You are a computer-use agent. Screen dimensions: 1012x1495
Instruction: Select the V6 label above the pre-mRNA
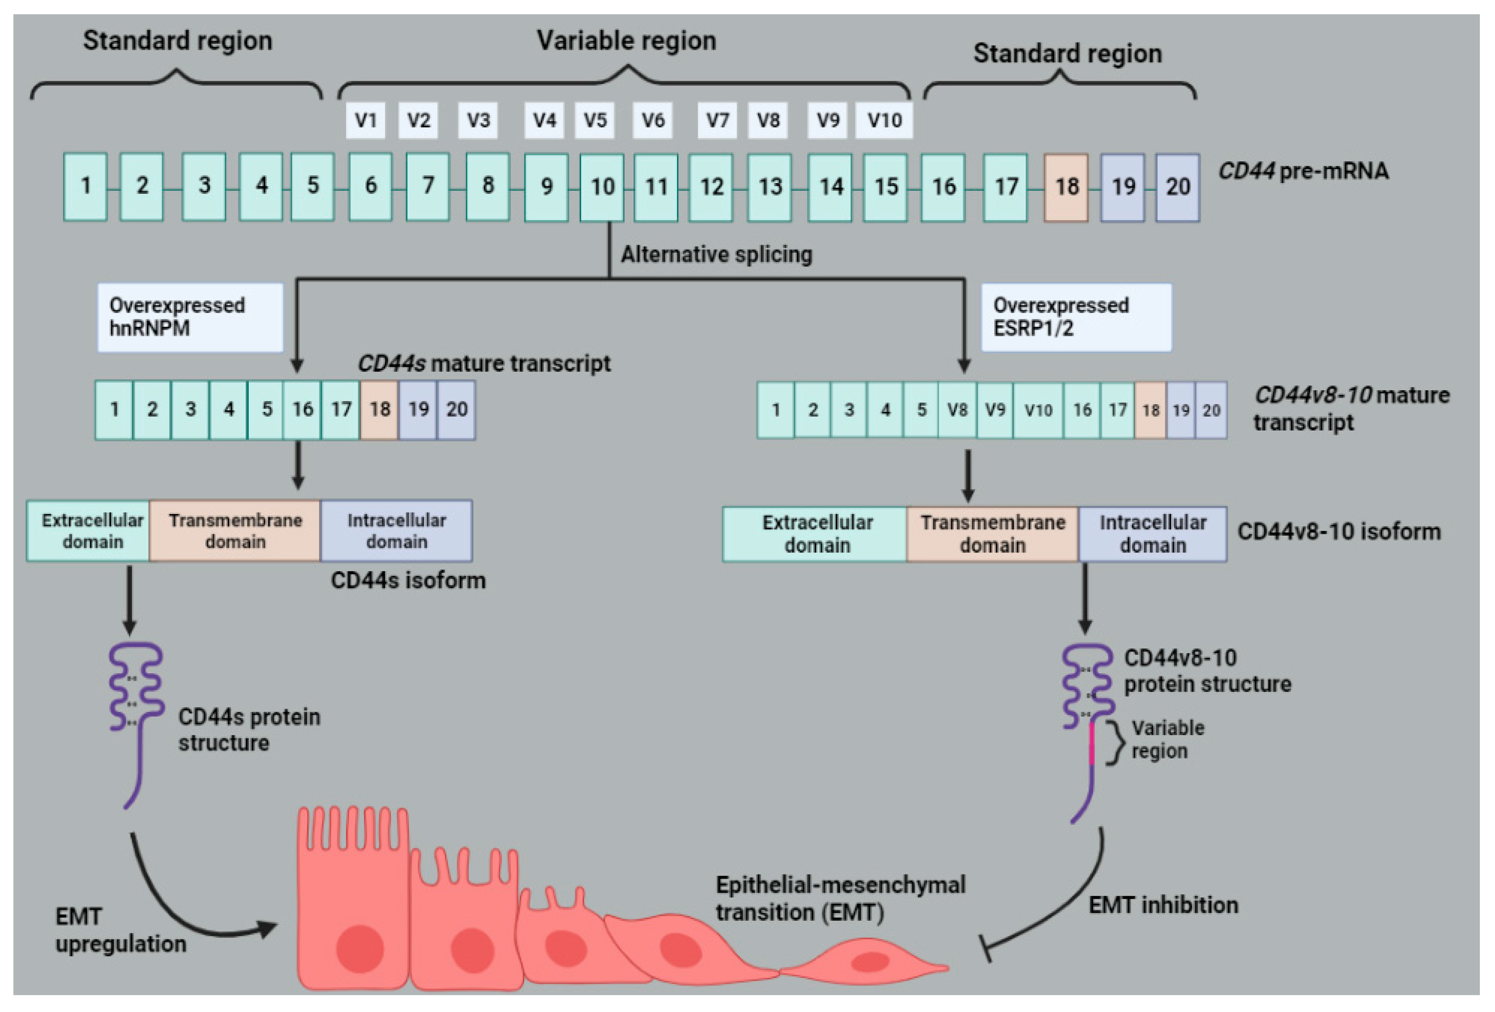pos(652,120)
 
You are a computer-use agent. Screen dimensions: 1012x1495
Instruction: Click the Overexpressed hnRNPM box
pos(190,317)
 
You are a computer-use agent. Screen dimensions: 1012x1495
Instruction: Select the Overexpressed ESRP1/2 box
pos(1075,317)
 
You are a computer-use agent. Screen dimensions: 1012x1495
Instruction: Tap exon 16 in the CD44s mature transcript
pos(302,410)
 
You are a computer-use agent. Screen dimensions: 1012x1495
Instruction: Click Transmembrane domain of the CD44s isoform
pos(235,531)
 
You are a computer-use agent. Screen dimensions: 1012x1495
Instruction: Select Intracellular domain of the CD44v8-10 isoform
pos(1152,534)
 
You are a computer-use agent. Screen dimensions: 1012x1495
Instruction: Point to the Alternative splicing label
pos(716,255)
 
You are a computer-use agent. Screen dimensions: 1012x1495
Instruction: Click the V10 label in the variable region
pos(884,120)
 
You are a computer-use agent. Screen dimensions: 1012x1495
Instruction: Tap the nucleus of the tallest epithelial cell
pos(359,949)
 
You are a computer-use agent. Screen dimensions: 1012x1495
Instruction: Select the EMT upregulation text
pos(120,930)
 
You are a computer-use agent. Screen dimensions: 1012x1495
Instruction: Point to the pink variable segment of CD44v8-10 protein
pos(1092,744)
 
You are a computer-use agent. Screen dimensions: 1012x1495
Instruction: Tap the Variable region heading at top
pos(626,41)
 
